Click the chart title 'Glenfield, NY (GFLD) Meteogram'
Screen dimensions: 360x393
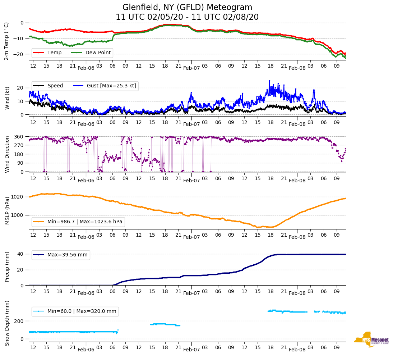(187, 7)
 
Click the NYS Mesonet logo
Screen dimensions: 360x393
(371, 340)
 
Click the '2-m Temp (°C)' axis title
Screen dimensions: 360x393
(6, 41)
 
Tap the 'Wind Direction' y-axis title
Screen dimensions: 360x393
(7, 154)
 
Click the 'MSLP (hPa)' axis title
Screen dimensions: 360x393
(7, 210)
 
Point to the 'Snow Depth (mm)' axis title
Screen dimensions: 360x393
(7, 323)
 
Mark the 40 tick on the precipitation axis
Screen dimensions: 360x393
(21, 254)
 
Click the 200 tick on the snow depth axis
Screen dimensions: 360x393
(19, 321)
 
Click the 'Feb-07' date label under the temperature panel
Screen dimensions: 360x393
(191, 68)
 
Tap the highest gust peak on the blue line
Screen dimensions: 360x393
(269, 81)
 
